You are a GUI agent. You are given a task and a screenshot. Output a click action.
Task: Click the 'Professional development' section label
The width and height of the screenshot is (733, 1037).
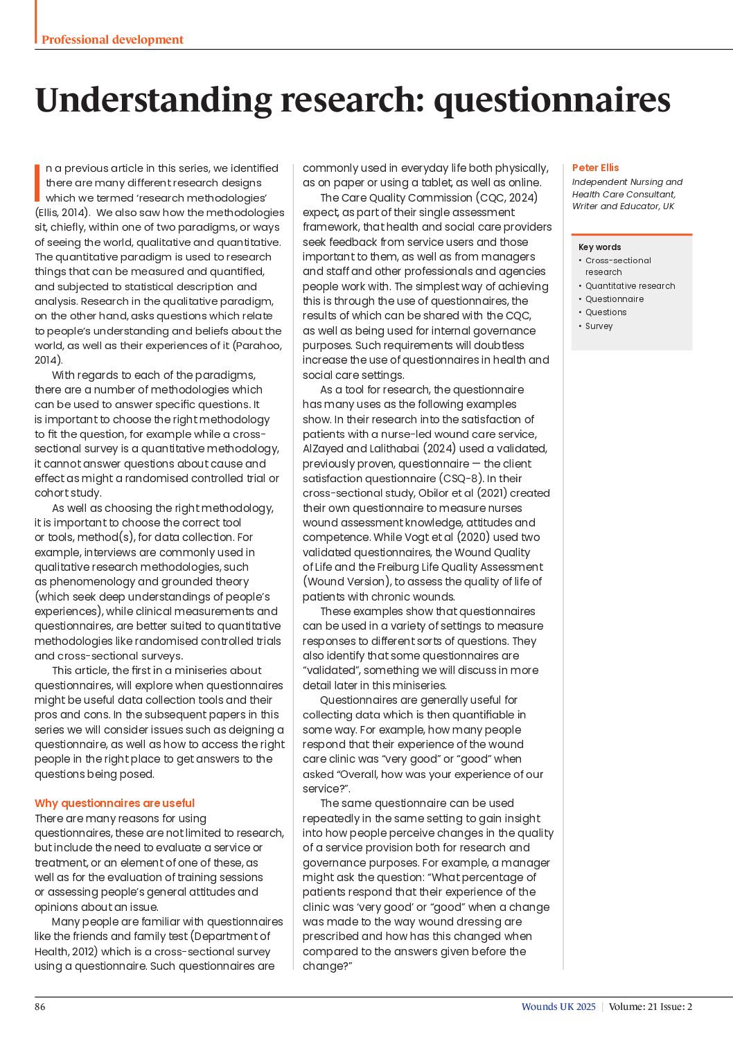coord(112,39)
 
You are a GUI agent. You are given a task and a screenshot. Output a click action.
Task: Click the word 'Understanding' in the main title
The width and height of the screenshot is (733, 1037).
coord(153,100)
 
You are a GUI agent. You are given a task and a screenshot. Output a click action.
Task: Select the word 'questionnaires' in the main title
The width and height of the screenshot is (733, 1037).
coord(551,100)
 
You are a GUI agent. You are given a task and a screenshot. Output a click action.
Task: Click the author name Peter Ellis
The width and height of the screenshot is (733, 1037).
coord(595,168)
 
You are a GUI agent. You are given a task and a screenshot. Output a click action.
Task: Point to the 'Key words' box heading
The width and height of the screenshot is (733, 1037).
coord(599,247)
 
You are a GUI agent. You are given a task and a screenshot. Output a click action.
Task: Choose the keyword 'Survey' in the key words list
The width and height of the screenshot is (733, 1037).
coord(599,326)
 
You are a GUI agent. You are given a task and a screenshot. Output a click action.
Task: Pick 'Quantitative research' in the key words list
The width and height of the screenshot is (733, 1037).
coord(630,286)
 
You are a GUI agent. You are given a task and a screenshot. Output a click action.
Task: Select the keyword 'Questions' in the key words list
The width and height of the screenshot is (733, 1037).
coord(606,312)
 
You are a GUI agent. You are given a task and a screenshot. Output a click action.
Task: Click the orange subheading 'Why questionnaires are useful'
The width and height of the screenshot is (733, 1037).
coord(114,804)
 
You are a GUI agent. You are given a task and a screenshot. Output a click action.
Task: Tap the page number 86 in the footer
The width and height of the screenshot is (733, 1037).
coord(40,1007)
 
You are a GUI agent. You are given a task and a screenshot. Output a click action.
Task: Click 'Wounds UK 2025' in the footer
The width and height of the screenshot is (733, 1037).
coord(558,1007)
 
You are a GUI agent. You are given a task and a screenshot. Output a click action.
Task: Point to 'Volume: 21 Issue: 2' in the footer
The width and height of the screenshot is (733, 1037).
coord(651,1007)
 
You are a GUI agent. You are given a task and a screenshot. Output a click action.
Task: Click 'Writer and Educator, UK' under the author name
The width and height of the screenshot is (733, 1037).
coord(623,206)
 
